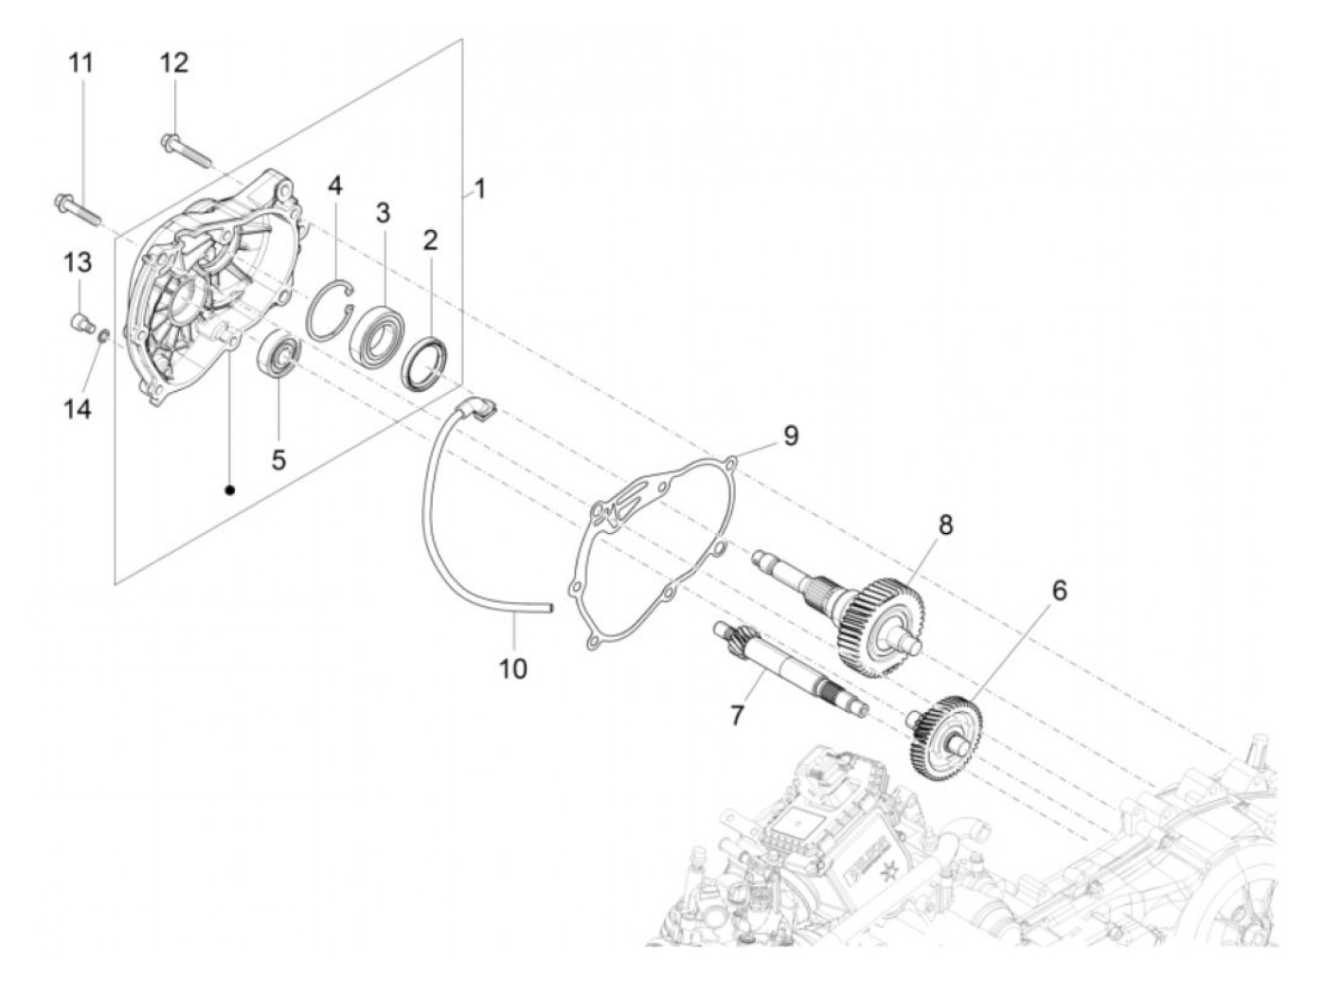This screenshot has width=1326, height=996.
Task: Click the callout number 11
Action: click(x=81, y=64)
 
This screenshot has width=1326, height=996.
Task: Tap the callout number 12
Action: click(x=173, y=62)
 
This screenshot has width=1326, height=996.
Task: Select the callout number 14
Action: click(x=78, y=409)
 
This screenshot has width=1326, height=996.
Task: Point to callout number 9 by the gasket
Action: click(x=790, y=436)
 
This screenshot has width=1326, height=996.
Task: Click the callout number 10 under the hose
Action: click(x=512, y=668)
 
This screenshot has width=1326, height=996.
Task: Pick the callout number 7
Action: click(x=736, y=715)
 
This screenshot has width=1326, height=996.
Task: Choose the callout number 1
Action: click(x=480, y=189)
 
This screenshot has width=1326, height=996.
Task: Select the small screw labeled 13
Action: click(x=81, y=325)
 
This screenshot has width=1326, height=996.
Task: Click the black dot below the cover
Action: click(x=229, y=489)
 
